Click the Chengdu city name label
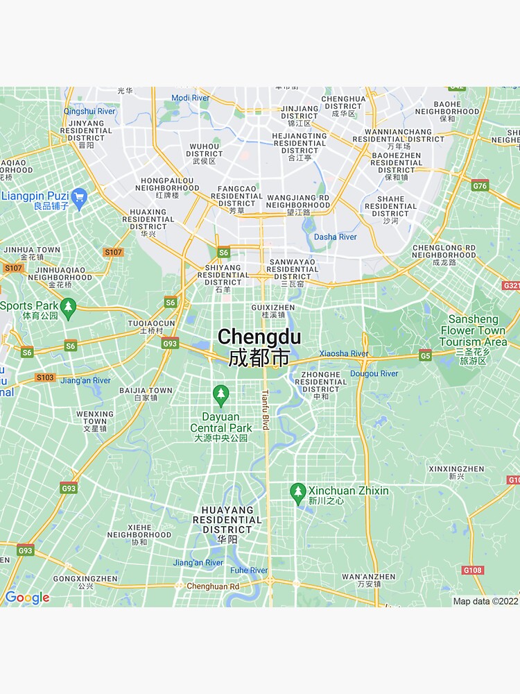pyautogui.click(x=259, y=347)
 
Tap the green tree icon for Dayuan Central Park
pyautogui.click(x=221, y=396)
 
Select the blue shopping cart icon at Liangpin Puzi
pyautogui.click(x=79, y=197)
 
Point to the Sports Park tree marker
pyautogui.click(x=67, y=307)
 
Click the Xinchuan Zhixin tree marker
pyautogui.click(x=298, y=493)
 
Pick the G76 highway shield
pyautogui.click(x=480, y=185)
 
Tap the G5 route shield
pyautogui.click(x=425, y=355)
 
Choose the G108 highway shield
pyautogui.click(x=473, y=570)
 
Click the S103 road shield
pyautogui.click(x=45, y=378)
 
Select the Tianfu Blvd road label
pyautogui.click(x=264, y=409)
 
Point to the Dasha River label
pyautogui.click(x=336, y=237)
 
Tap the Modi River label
pyautogui.click(x=190, y=98)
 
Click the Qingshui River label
pyautogui.click(x=89, y=111)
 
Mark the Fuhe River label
pyautogui.click(x=249, y=570)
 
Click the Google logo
pyautogui.click(x=27, y=598)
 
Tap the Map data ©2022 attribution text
pyautogui.click(x=485, y=601)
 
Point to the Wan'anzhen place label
pyautogui.click(x=368, y=580)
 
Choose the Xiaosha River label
pyautogui.click(x=344, y=353)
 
